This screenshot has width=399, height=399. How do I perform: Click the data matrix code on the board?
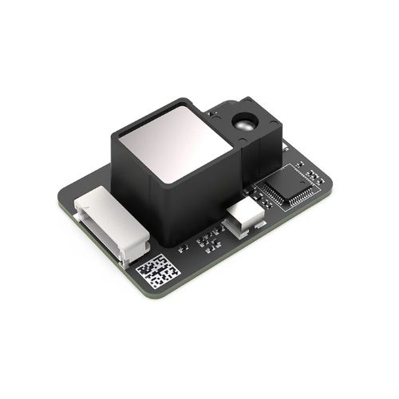click(157, 272)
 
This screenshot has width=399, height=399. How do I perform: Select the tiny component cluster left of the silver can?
click(209, 238)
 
